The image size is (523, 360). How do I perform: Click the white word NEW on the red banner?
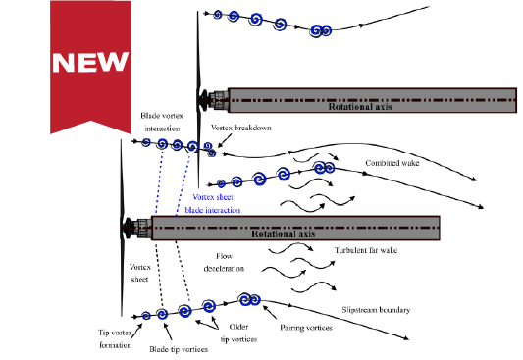[x=88, y=63]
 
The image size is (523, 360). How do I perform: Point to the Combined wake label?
[x=393, y=163]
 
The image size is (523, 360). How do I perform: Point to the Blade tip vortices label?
[x=177, y=347]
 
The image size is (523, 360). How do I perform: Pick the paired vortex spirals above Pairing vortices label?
[x=249, y=300]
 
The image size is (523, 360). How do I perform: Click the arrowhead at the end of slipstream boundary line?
[x=406, y=340]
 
